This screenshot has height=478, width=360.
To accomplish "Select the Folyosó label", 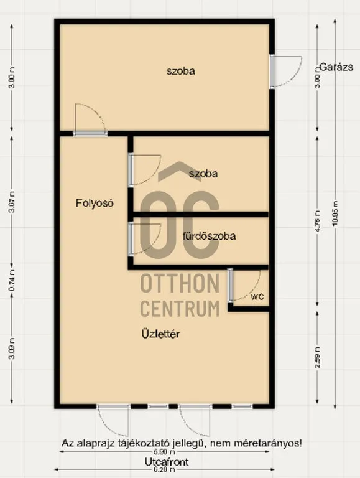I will tap(94, 202).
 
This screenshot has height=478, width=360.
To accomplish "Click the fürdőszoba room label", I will tap(210, 236).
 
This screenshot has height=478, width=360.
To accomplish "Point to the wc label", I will tap(257, 296).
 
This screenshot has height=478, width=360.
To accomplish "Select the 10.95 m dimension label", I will tap(336, 213).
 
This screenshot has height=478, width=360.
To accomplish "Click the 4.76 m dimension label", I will tap(318, 213).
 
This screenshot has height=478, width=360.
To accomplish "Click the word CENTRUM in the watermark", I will tap(180, 307).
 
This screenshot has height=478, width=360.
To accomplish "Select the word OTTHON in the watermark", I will tap(180, 283).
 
